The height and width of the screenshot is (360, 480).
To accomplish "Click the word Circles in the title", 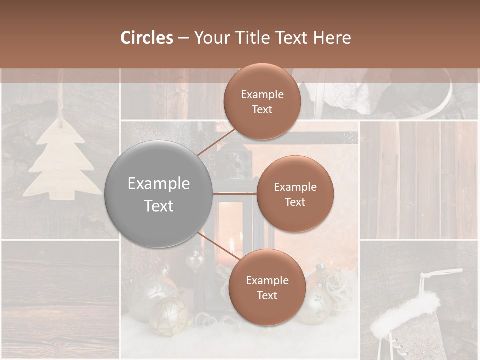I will coord(146,38).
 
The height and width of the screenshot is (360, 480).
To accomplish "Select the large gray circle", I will coord(159,194).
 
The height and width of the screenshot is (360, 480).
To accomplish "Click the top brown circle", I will coord(262,101).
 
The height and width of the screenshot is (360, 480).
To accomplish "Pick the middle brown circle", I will coord(295,194).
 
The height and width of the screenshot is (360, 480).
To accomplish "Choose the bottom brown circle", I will coord(267,287).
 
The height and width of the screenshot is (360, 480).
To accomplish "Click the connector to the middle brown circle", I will coord(235,193).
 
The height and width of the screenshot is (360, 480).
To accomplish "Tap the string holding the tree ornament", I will coord(60,95).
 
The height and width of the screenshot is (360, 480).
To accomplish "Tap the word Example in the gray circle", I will coord(159,183).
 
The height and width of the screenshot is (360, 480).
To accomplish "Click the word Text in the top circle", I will coord(262,109).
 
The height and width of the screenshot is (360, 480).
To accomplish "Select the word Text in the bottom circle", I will coord(267,295).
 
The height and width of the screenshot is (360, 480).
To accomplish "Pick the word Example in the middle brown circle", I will coord(295,187).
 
